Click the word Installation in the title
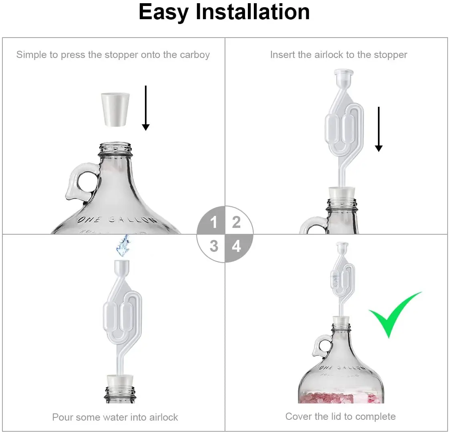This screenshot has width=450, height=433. (253, 12)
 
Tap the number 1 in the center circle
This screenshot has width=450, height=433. (214, 222)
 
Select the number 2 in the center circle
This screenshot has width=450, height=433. (236, 222)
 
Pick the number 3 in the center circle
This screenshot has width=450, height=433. (214, 246)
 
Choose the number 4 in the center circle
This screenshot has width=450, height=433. (237, 246)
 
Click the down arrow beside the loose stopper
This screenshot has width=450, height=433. (146, 108)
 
